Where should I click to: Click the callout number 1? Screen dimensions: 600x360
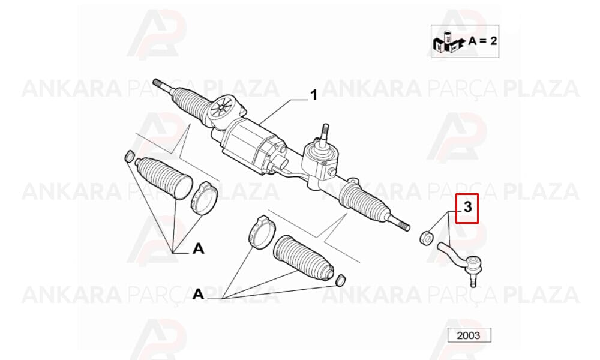click(x=314, y=95)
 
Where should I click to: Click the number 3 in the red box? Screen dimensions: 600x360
click(x=467, y=208)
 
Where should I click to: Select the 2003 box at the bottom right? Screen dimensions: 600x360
click(x=469, y=335)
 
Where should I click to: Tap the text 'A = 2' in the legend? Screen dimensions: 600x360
click(x=482, y=41)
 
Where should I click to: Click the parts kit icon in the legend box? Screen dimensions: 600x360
click(x=449, y=42)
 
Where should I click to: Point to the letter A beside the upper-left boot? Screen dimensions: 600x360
click(x=198, y=249)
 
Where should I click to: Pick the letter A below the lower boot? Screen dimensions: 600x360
click(x=198, y=294)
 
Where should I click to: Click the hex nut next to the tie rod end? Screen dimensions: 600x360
click(x=426, y=237)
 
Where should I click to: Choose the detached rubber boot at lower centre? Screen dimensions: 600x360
click(x=303, y=259)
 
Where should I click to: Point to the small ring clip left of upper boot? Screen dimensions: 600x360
click(x=130, y=156)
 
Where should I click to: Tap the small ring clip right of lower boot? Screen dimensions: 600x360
click(x=340, y=280)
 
